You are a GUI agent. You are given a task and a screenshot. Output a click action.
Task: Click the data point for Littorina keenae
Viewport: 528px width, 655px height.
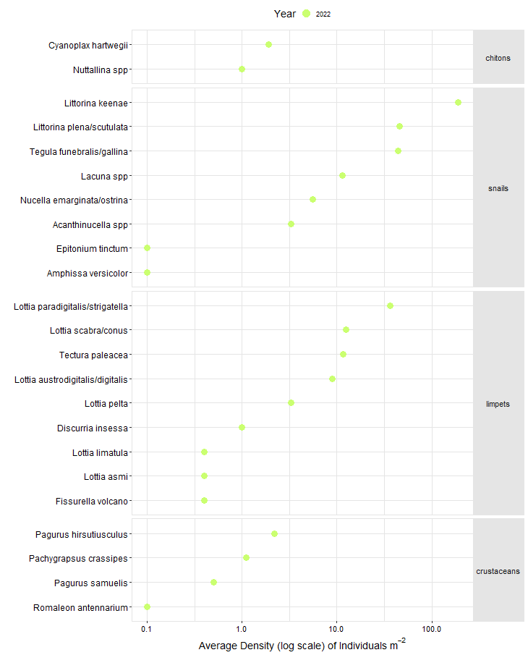[458, 102]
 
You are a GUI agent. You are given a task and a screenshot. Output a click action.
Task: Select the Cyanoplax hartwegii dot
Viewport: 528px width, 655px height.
[268, 44]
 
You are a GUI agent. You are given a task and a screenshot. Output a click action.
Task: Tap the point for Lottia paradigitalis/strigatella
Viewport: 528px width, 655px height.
[390, 305]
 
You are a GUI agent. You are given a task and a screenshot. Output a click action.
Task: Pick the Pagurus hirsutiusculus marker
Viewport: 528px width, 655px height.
[274, 533]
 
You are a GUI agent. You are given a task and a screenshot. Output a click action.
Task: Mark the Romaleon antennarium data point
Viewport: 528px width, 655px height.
[147, 607]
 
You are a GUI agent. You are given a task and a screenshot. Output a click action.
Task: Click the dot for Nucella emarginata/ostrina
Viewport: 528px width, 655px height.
[312, 199]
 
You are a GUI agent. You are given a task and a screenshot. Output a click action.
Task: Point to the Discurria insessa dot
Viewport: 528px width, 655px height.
[242, 427]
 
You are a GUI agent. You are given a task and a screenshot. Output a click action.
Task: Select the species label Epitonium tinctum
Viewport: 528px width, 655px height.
[92, 248]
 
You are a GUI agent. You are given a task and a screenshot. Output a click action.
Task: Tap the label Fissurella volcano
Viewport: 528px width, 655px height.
[91, 501]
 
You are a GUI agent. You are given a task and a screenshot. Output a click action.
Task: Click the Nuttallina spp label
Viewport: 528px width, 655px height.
[100, 69]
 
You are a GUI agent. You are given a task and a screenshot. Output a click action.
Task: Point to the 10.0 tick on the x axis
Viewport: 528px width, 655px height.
[336, 630]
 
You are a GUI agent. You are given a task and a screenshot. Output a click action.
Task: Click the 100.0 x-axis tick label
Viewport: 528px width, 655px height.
[431, 630]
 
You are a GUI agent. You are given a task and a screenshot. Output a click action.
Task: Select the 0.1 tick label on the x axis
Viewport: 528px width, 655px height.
[147, 630]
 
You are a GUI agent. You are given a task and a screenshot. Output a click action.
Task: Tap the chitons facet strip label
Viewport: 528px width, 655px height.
[498, 58]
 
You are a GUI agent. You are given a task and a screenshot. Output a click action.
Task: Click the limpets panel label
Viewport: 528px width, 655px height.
[498, 404]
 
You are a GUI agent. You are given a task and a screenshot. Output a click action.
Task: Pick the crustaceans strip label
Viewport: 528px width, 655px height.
[498, 571]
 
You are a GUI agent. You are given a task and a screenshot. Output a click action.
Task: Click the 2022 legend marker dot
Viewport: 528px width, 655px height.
[307, 14]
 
